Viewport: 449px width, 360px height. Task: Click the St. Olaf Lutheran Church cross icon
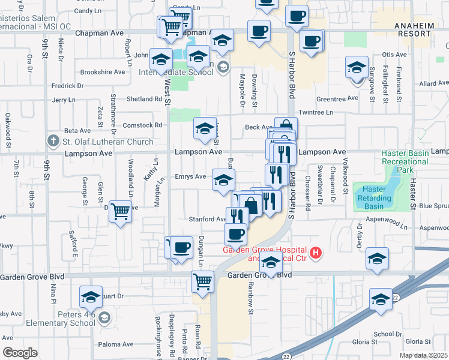pyautogui.click(x=53, y=142)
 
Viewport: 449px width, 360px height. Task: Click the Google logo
pyautogui.click(x=19, y=353)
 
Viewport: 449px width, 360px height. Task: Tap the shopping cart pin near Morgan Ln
pyautogui.click(x=121, y=211)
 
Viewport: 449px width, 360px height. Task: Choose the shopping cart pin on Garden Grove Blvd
pyautogui.click(x=203, y=280)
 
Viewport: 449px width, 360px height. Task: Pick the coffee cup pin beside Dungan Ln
pyautogui.click(x=181, y=247)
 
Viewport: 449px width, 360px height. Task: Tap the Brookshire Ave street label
pyautogui.click(x=103, y=72)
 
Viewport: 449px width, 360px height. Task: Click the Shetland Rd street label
pyautogui.click(x=136, y=99)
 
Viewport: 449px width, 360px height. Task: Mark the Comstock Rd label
pyautogui.click(x=142, y=125)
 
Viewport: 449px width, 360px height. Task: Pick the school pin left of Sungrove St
pyautogui.click(x=357, y=67)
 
